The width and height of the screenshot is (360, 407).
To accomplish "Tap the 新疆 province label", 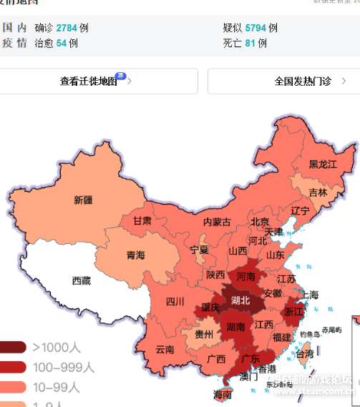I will (83, 200).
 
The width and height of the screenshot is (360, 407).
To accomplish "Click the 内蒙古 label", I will (217, 222).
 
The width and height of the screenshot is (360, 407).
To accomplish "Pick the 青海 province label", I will (136, 255).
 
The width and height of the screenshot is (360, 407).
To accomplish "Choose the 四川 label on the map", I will (175, 301).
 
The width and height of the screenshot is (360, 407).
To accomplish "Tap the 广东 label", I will (250, 358).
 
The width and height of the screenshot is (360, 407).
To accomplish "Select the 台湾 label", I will (304, 353).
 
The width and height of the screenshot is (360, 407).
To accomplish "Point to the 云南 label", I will (165, 350).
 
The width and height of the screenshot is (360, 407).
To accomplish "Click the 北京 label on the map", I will (260, 222).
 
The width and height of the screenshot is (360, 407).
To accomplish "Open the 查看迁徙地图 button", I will (89, 82).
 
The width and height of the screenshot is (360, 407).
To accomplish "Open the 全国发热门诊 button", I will (283, 82).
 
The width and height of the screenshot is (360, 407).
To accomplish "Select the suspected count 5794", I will (256, 28).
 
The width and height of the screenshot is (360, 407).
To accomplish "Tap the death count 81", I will (250, 43).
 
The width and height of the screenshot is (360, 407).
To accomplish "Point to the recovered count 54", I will (61, 43).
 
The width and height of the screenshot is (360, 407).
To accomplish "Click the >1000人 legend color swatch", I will (12, 348).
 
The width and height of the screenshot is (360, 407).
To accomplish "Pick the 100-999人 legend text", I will (64, 368).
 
